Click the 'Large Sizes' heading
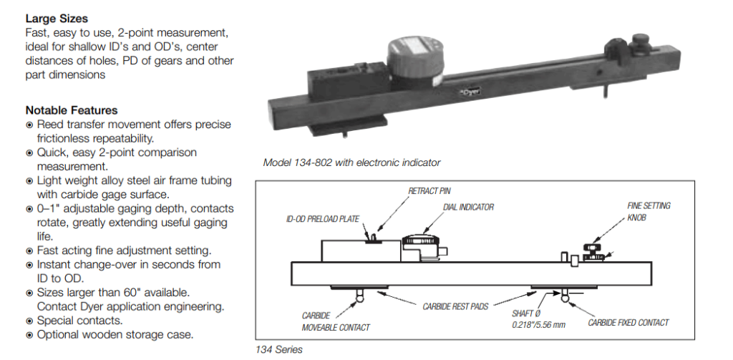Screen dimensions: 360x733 57,18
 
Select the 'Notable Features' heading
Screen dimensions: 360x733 72,110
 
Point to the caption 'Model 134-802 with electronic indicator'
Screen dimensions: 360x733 351,162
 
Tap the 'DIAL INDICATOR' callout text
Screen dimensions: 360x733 468,208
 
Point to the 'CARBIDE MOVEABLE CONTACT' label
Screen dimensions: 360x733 336,321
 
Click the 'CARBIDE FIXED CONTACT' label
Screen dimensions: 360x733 628,323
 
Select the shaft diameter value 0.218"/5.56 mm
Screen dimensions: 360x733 539,324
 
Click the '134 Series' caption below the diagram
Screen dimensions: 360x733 279,349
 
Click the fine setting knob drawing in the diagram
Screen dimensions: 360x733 591,250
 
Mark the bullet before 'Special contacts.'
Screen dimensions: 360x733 29,321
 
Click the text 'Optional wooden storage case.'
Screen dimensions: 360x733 115,334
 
